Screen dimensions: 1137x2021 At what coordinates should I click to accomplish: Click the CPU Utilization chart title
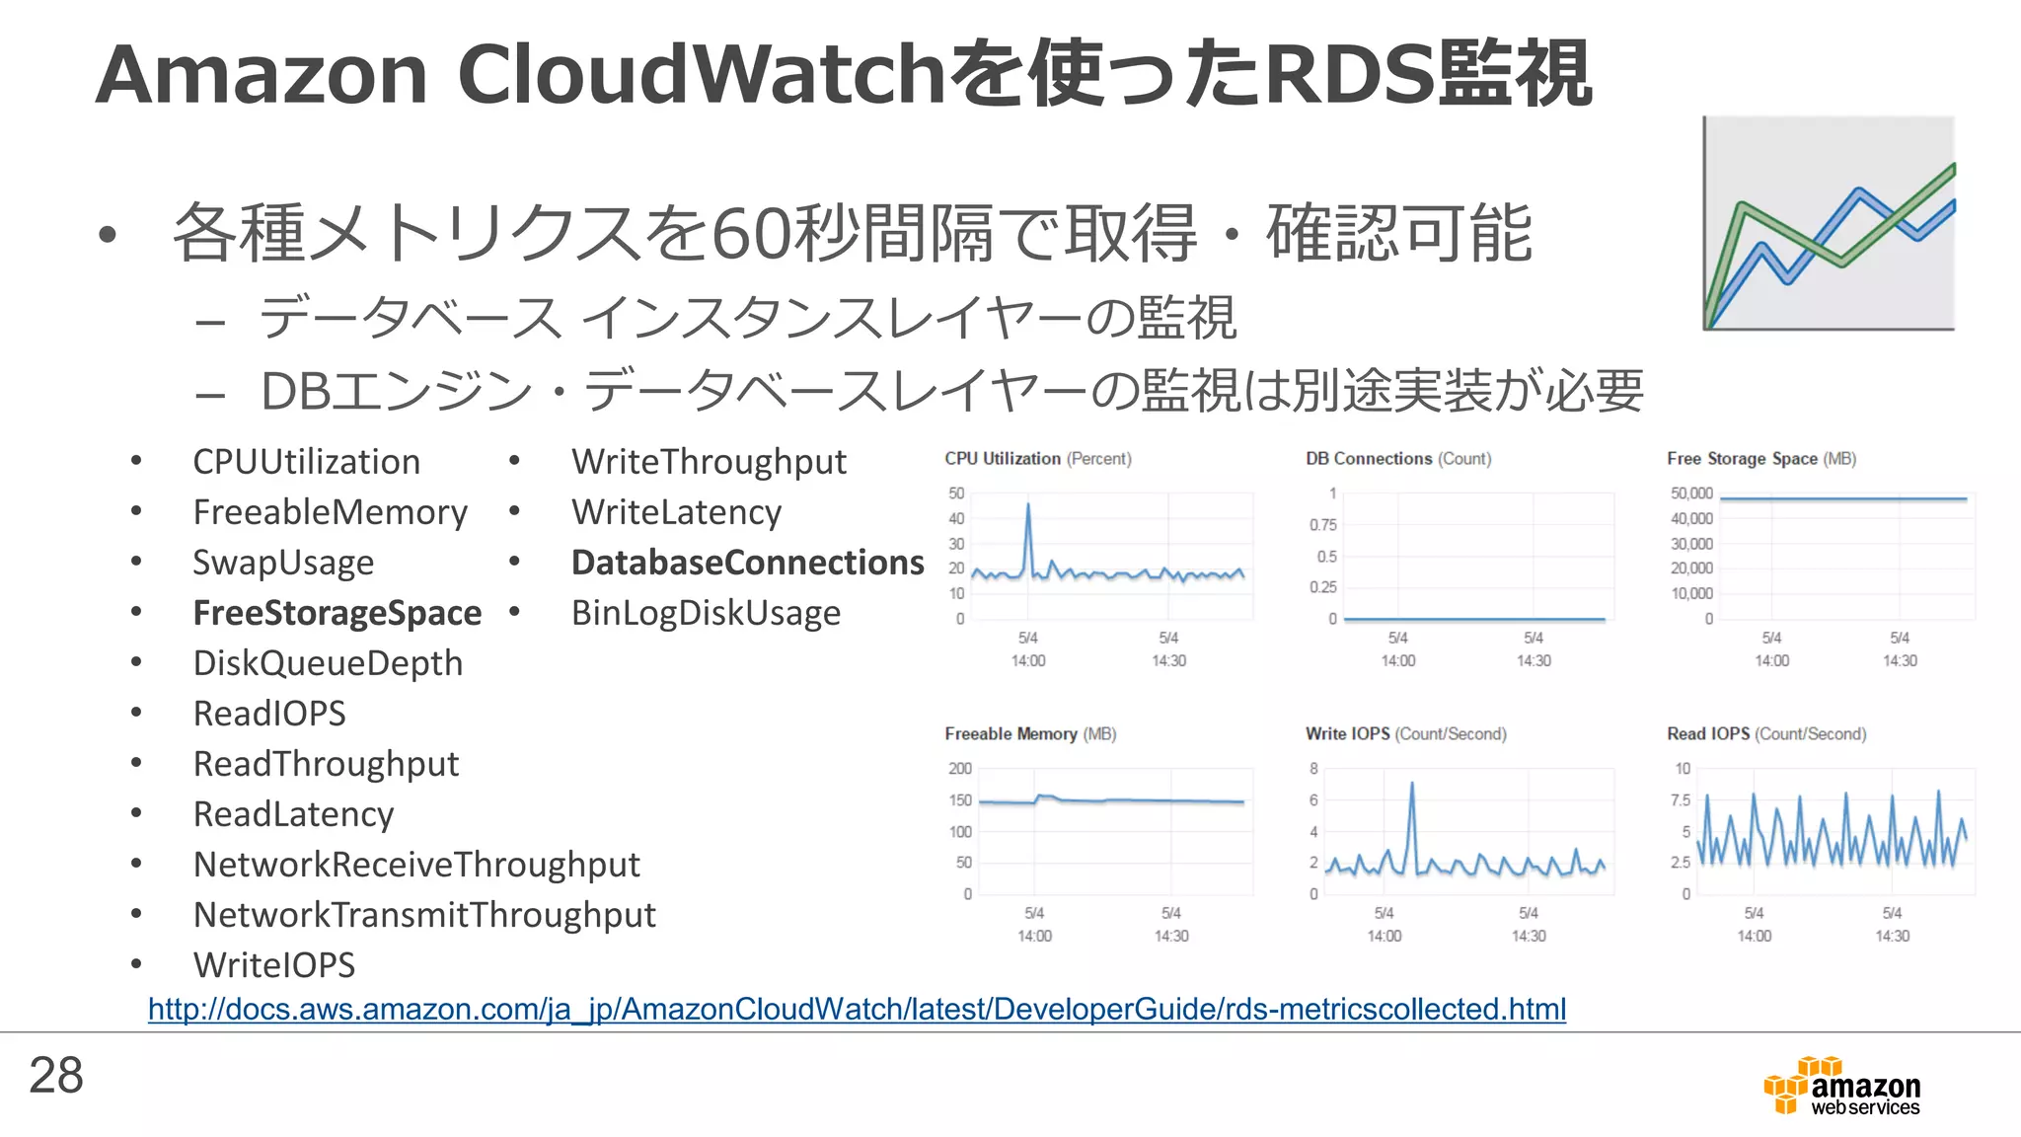(1037, 459)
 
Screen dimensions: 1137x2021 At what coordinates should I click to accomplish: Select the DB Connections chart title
(1397, 459)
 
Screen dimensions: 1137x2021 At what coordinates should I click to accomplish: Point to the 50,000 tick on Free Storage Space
(1691, 493)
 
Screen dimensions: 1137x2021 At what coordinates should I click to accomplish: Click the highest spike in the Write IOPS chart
(1412, 786)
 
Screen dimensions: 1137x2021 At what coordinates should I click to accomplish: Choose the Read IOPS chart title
(1765, 734)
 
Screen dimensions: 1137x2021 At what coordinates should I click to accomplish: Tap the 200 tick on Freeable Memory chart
(960, 769)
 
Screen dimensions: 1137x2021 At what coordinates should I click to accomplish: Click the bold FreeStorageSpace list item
(337, 613)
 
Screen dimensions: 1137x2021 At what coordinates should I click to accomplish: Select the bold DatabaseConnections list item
(747, 563)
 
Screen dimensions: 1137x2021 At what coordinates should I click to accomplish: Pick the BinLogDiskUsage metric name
(706, 613)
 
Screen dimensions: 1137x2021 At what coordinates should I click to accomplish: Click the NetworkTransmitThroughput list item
(424, 915)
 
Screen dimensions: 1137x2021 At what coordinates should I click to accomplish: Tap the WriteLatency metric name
(676, 512)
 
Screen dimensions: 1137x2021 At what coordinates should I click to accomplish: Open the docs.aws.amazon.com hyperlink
(857, 1009)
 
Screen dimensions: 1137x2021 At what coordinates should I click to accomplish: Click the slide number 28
(56, 1075)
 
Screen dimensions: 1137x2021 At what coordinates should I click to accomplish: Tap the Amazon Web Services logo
(1841, 1087)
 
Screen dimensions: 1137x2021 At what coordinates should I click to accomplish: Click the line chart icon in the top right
(1829, 223)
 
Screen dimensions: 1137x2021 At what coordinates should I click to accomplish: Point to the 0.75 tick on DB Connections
(1322, 525)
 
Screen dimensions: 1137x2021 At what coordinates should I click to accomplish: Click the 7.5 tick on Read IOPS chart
(1680, 800)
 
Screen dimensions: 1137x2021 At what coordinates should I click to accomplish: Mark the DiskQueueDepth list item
(328, 663)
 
